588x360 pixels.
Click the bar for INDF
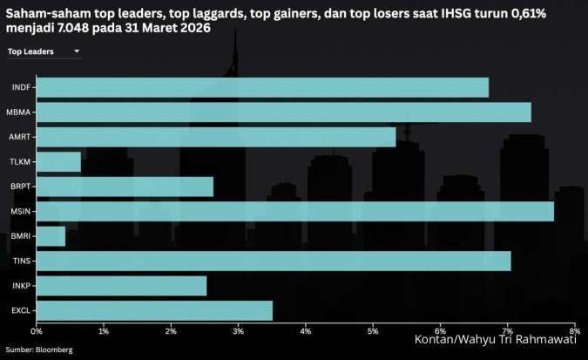click(262, 87)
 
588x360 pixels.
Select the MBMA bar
click(284, 112)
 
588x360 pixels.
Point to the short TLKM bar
click(59, 162)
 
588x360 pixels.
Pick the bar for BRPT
click(125, 187)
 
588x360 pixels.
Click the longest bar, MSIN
click(295, 212)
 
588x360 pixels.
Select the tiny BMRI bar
click(51, 236)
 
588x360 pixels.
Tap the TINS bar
click(274, 261)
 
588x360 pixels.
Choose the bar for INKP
click(122, 286)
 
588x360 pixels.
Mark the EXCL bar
click(155, 310)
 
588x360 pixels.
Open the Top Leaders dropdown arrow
click(77, 52)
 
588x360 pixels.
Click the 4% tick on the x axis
click(305, 332)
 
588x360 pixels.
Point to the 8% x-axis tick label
click(572, 332)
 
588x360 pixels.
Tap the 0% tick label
click(37, 332)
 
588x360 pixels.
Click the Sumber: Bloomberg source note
click(40, 350)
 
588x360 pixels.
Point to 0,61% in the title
click(535, 13)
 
